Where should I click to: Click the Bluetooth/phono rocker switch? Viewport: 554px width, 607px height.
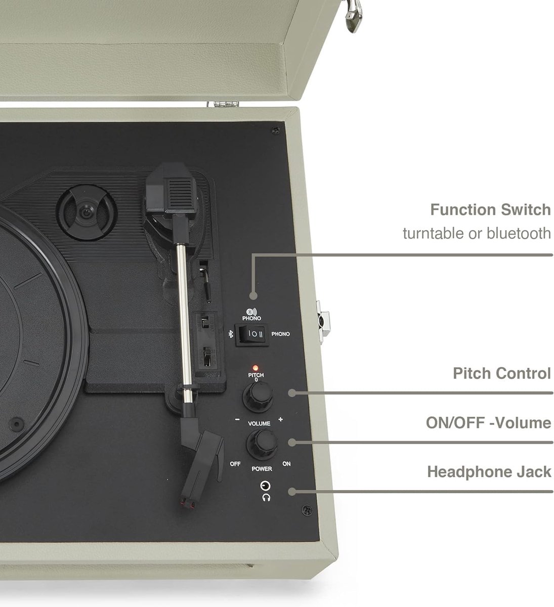coord(252,334)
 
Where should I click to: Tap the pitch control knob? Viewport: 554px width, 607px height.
coord(258,397)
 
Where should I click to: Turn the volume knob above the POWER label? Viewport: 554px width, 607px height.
coord(262,445)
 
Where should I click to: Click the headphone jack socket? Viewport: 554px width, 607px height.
coord(265,486)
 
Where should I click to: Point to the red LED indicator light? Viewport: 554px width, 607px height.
coord(255,368)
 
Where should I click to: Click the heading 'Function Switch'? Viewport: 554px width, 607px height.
coord(490,210)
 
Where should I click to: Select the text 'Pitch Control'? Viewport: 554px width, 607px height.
coord(501,373)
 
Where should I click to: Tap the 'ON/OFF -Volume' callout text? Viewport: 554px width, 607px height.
coord(488,423)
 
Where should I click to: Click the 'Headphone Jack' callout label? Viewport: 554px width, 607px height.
coord(489,472)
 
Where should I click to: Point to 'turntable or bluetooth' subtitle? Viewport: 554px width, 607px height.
coord(477,233)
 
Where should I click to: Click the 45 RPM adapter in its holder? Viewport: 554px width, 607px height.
coord(87,213)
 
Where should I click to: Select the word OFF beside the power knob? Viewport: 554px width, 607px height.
coord(235,464)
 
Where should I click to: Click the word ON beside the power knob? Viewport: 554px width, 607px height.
coord(286,464)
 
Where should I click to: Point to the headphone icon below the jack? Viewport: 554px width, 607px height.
coord(266,498)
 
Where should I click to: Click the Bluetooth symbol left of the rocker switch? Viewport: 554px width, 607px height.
coord(231,334)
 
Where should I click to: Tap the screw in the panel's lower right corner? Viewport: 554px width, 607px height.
coord(307,510)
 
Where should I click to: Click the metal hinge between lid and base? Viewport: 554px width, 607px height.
coord(223,104)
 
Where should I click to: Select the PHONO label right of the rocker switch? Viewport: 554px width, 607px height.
coord(280,334)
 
